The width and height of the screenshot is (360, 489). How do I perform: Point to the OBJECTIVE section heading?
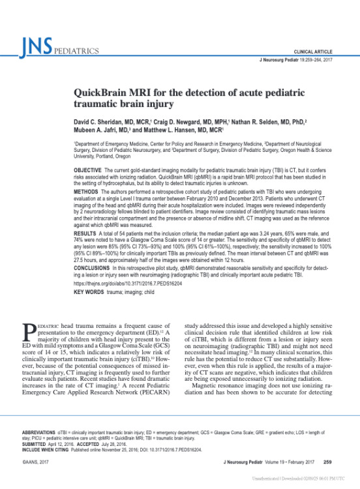92,170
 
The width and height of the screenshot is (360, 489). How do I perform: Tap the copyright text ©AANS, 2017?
38,462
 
